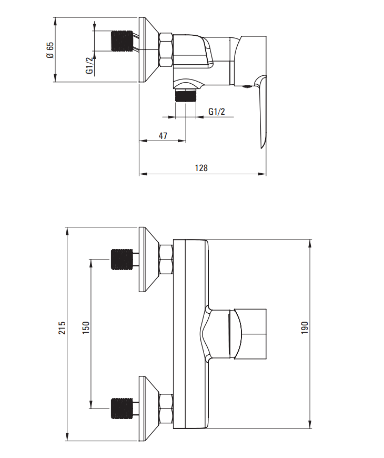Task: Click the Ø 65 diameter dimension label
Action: (50, 50)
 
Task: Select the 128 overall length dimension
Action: (201, 168)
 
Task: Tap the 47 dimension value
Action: (163, 136)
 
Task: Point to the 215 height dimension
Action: (62, 328)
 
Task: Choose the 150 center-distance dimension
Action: (86, 328)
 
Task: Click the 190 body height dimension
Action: (305, 328)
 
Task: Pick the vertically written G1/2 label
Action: (89, 65)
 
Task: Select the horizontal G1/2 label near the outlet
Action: (217, 112)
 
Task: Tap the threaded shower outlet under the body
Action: (186, 95)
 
